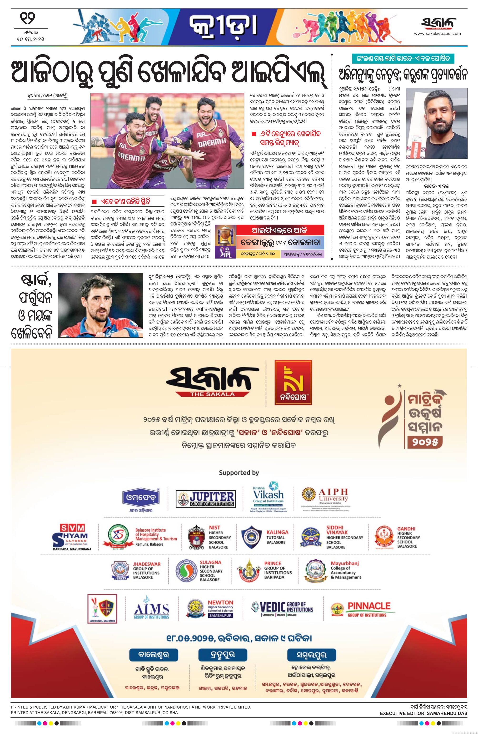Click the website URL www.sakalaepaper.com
(x=437, y=33)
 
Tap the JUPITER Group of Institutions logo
(x=206, y=499)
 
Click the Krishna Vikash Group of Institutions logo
(x=268, y=497)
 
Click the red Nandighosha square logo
(x=293, y=382)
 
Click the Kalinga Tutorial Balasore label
(x=277, y=537)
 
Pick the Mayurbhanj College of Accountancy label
(x=345, y=570)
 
